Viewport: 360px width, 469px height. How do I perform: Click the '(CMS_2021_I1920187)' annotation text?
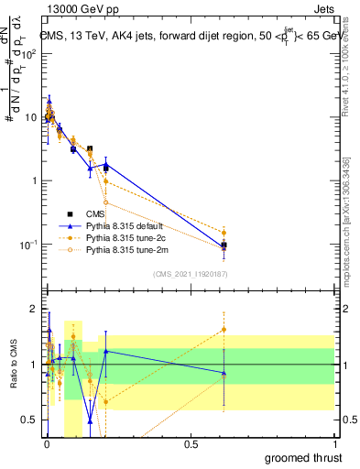point(190,274)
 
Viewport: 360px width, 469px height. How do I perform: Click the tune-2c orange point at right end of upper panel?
point(224,233)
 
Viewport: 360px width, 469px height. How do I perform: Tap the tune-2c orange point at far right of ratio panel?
point(224,330)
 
